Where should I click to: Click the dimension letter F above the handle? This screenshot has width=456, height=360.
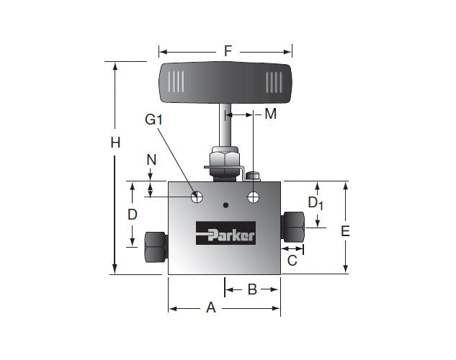228,51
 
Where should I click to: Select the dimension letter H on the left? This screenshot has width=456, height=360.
115,143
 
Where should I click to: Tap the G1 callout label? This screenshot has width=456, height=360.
153,120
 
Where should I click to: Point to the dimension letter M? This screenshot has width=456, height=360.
270,114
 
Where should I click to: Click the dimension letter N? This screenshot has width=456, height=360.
151,160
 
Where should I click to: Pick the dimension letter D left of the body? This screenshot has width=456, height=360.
133,215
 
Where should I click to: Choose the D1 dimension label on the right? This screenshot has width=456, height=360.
316,203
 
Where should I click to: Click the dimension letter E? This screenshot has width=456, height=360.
345,231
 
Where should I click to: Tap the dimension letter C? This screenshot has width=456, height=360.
292,261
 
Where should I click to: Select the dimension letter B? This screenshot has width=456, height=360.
252,289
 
